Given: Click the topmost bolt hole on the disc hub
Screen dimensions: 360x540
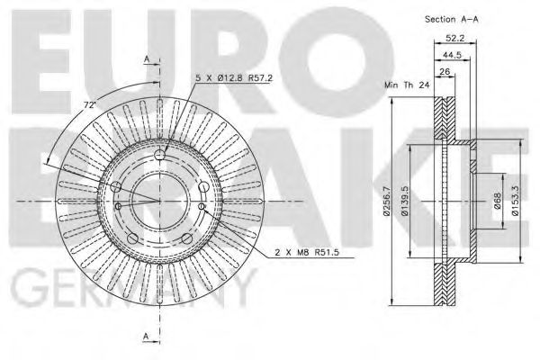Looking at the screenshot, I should tap(162, 158).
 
